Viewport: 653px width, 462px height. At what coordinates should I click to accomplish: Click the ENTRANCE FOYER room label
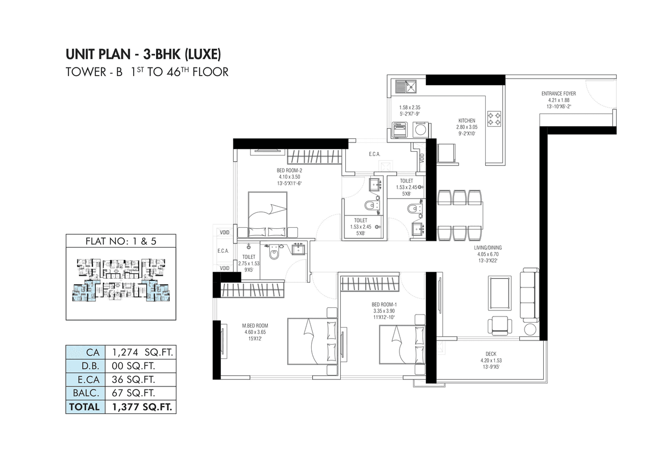(559, 94)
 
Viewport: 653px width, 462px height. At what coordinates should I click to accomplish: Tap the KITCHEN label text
(466, 121)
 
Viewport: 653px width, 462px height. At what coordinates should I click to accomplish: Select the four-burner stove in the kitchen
(494, 118)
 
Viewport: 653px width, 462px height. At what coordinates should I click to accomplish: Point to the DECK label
(491, 354)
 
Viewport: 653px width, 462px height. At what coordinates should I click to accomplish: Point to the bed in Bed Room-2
(267, 214)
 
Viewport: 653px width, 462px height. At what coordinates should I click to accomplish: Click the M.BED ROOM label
(255, 325)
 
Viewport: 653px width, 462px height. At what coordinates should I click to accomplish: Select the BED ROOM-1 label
(384, 304)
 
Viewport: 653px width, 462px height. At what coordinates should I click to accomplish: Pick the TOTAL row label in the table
(85, 407)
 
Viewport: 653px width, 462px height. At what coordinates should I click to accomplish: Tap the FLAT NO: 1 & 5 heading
(120, 241)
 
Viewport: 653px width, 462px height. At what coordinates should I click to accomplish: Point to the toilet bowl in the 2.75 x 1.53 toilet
(274, 253)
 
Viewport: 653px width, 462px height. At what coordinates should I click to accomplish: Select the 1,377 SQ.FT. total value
(140, 407)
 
